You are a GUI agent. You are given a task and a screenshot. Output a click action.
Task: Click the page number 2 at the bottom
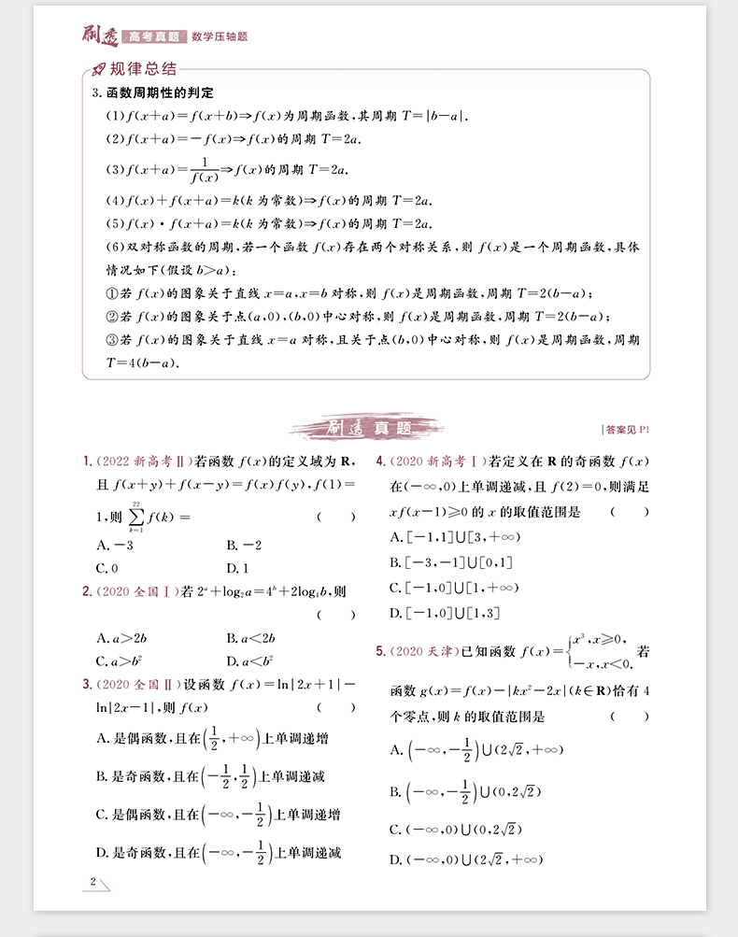(92, 881)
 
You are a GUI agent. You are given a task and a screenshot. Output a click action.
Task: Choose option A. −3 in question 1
(115, 545)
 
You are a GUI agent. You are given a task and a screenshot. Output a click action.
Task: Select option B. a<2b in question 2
(249, 638)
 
